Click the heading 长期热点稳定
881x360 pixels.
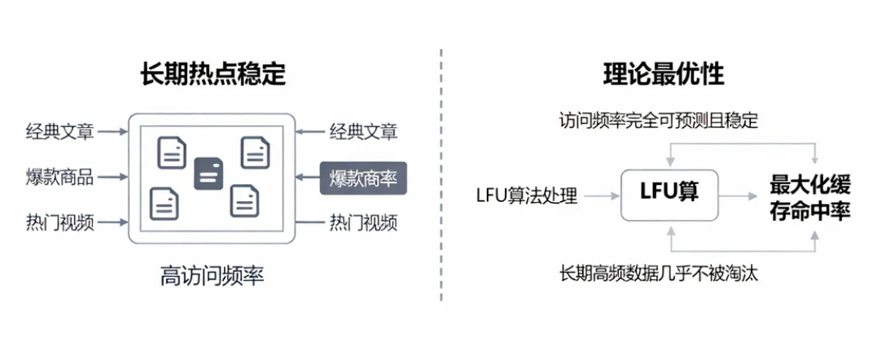pyautogui.click(x=213, y=75)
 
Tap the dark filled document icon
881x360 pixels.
pyautogui.click(x=208, y=173)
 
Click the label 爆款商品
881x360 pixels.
pyautogui.click(x=59, y=177)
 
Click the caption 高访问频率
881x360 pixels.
pyautogui.click(x=212, y=276)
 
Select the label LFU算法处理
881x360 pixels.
pyautogui.click(x=527, y=195)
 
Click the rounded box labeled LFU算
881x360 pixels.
pyautogui.click(x=670, y=194)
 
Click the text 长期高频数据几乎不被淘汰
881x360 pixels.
pyautogui.click(x=659, y=274)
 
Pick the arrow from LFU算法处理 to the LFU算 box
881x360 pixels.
pyautogui.click(x=602, y=195)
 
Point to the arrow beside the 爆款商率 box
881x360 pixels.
pyautogui.click(x=307, y=177)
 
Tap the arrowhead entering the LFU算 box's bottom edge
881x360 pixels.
pyautogui.click(x=669, y=230)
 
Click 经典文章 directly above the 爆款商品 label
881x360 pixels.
pyautogui.click(x=59, y=130)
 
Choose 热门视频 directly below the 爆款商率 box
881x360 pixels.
pyautogui.click(x=363, y=222)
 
